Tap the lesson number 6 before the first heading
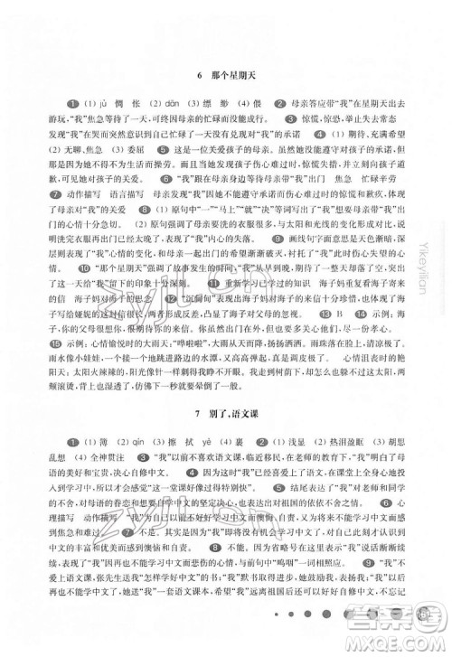pos(197,73)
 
